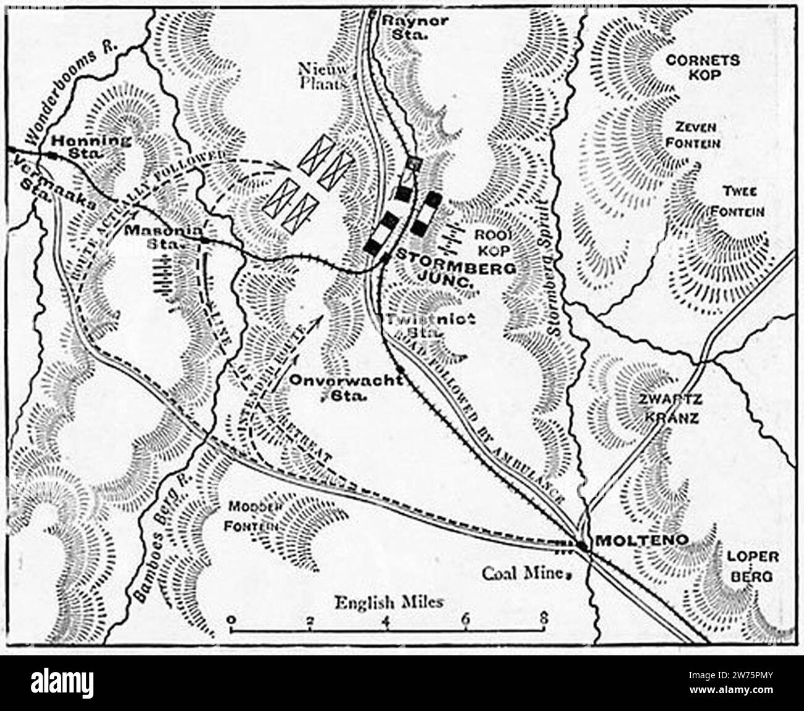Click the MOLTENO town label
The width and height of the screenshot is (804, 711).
click(641, 540)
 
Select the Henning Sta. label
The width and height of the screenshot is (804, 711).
click(91, 146)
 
